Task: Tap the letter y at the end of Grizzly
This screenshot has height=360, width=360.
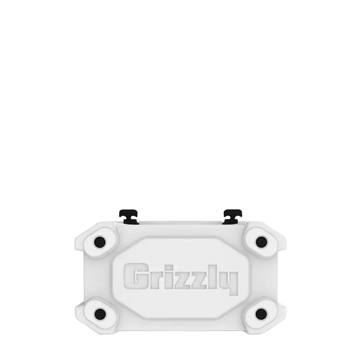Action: pos(230,283)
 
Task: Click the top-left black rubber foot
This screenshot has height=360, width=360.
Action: pos(100,242)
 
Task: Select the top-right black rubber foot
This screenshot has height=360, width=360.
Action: pos(261,242)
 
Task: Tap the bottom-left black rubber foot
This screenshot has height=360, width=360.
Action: pos(100,314)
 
